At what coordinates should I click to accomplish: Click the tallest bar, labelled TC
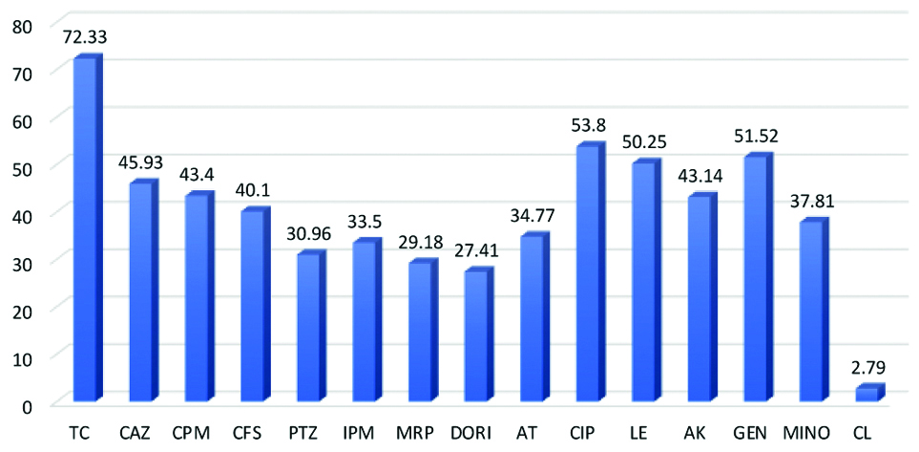86,229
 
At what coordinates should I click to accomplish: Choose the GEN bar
755,278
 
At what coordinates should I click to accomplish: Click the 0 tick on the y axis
29,405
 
